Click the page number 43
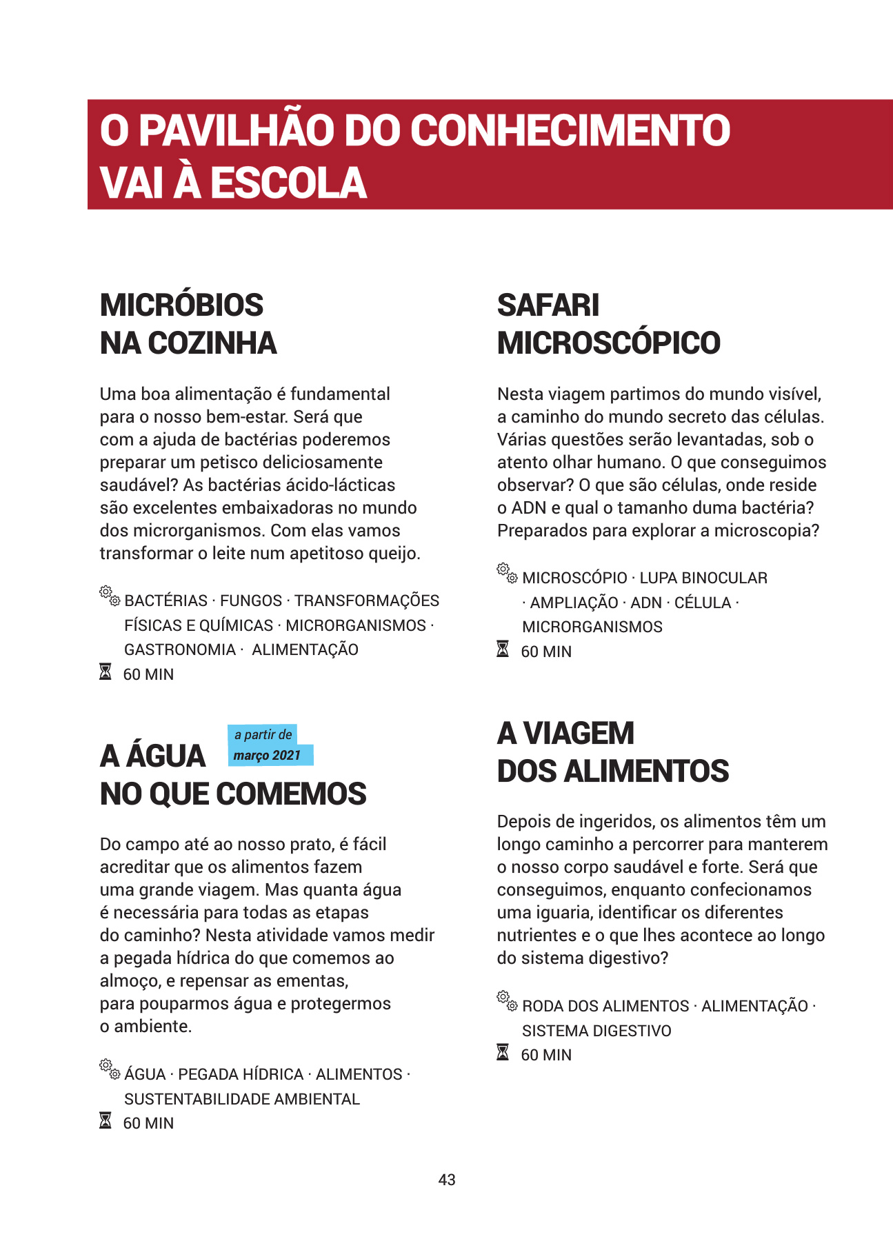[x=447, y=1180]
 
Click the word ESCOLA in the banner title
[x=288, y=183]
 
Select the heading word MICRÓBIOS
[x=181, y=305]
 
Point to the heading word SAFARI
[x=548, y=305]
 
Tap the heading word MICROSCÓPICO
[x=608, y=343]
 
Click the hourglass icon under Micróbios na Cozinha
[x=106, y=672]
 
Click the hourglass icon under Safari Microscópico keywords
[x=503, y=649]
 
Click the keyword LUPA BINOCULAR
[x=703, y=578]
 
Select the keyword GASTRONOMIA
[x=180, y=649]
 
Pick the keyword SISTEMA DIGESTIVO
[x=596, y=1031]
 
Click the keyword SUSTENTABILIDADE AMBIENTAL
[x=242, y=1099]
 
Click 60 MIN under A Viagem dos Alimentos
[x=546, y=1055]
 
